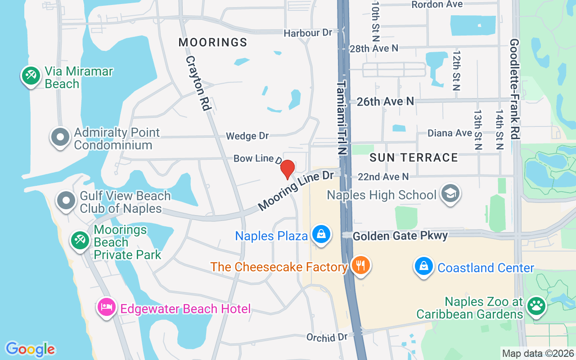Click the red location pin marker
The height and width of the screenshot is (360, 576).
(287, 169)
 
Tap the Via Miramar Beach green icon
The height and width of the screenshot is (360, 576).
(31, 76)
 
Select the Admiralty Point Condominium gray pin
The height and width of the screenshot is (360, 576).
(60, 137)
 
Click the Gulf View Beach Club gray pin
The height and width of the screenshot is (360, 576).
(67, 201)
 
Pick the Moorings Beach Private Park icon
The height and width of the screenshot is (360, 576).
(80, 240)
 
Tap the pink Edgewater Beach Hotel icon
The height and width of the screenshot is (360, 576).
(107, 307)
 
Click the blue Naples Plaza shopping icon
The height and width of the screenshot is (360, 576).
(322, 234)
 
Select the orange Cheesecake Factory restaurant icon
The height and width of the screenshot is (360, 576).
(360, 265)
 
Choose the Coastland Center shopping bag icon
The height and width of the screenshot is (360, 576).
(424, 266)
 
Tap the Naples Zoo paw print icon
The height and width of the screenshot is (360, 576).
(535, 306)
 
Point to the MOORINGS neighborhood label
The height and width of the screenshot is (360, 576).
(213, 43)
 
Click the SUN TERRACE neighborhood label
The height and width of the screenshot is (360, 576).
(414, 157)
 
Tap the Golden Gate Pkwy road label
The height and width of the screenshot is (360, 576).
(400, 236)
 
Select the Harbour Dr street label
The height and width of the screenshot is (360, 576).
(308, 33)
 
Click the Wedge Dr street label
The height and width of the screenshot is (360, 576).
(247, 136)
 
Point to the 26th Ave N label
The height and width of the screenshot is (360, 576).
(385, 102)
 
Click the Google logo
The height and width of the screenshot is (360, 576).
(30, 349)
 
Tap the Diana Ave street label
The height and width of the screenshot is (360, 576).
(450, 133)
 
